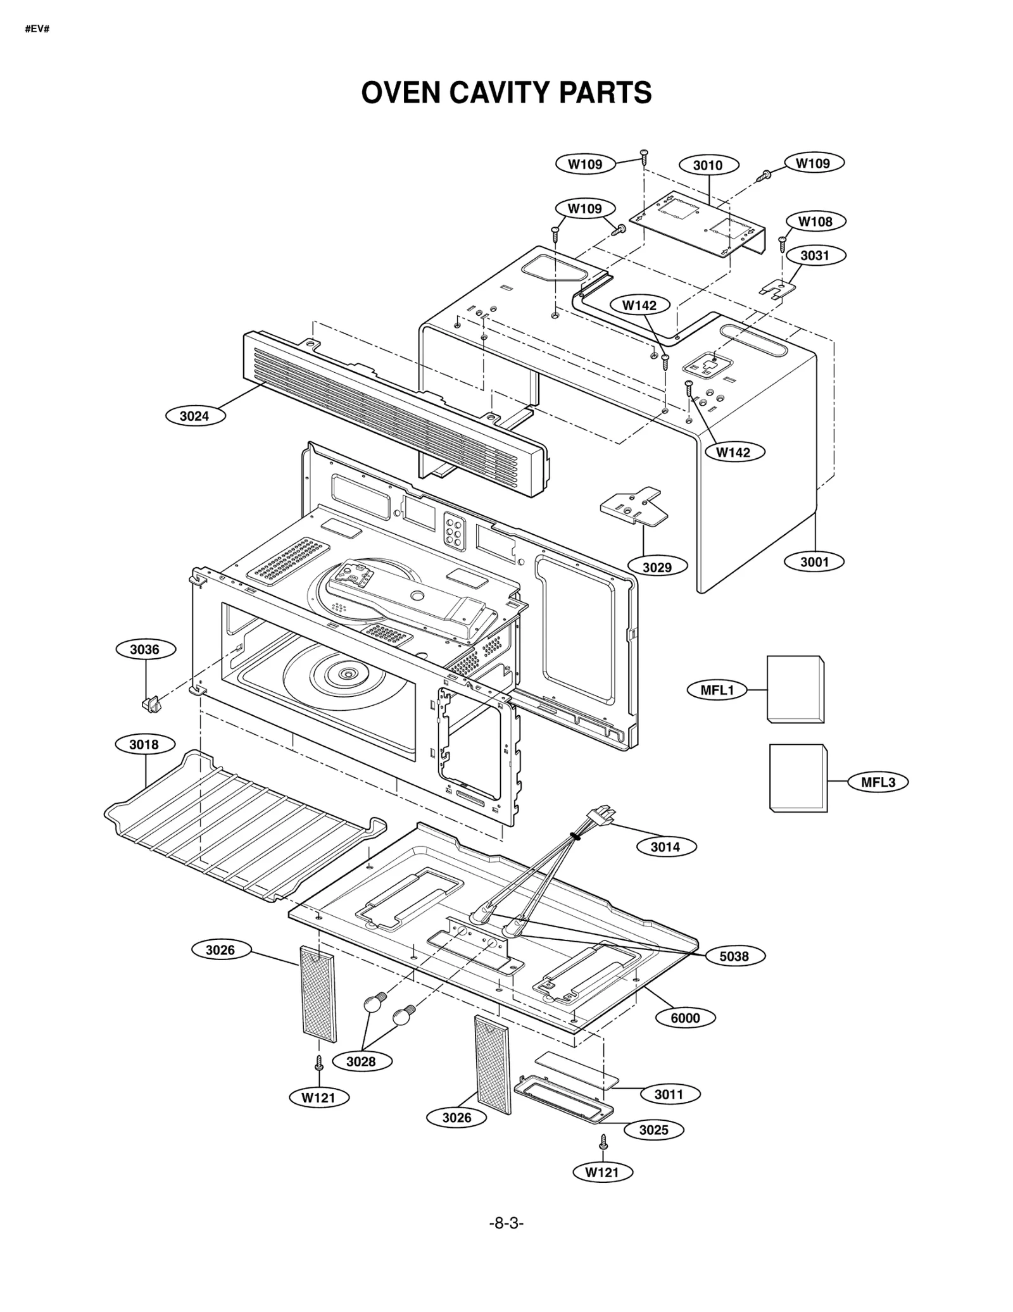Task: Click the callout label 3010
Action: click(708, 165)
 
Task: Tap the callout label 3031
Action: click(814, 255)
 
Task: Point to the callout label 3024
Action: click(194, 416)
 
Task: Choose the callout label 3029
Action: click(657, 567)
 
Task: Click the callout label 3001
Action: click(814, 561)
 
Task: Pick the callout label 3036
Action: click(145, 649)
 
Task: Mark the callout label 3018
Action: click(144, 744)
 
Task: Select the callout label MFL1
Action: click(717, 690)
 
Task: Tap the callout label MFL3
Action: click(878, 782)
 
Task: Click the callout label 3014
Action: click(665, 847)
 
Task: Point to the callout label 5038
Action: click(734, 956)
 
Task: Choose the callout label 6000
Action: click(685, 1018)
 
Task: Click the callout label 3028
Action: click(361, 1061)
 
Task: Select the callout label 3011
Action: click(669, 1094)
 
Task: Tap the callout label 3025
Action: click(653, 1130)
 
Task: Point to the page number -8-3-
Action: click(507, 1241)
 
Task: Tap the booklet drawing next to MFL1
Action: click(795, 689)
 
